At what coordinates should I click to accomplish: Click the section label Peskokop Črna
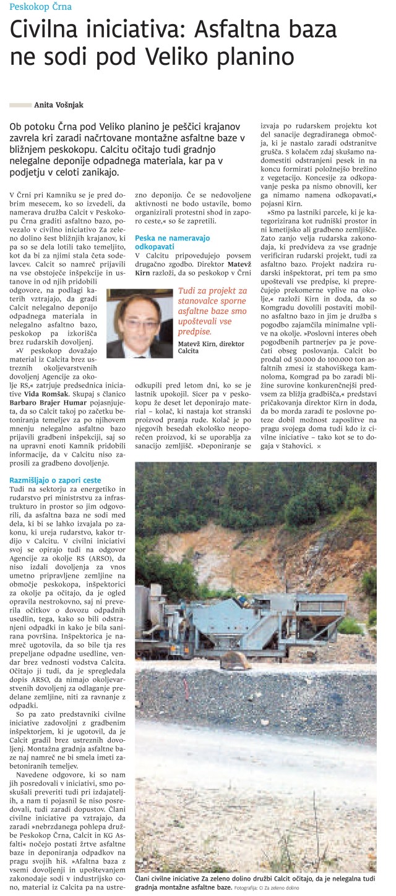click(41, 7)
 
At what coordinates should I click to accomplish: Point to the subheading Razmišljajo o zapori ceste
click(55, 480)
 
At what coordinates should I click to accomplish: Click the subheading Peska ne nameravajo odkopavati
click(172, 242)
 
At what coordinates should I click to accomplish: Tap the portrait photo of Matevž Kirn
click(140, 323)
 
